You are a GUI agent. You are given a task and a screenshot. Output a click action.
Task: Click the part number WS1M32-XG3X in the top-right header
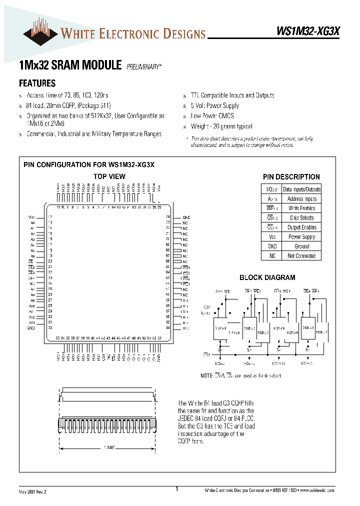click(x=308, y=31)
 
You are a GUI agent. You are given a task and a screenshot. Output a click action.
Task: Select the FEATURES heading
click(x=37, y=83)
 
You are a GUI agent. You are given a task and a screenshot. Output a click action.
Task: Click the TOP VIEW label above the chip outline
click(x=109, y=176)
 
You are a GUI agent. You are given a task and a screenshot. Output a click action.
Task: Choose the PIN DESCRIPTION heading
click(x=291, y=176)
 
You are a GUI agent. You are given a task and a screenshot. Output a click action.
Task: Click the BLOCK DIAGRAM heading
click(x=267, y=277)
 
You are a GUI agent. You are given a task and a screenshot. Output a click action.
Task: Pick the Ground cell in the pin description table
click(x=301, y=246)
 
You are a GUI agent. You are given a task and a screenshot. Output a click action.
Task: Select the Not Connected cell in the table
click(x=301, y=256)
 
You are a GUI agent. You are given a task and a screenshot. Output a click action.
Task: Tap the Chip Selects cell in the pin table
click(x=301, y=218)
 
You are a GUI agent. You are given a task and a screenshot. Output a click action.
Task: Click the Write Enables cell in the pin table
click(x=301, y=208)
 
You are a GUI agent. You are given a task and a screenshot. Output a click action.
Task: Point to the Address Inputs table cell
click(x=301, y=199)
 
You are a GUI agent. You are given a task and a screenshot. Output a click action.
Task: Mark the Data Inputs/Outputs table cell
click(x=301, y=189)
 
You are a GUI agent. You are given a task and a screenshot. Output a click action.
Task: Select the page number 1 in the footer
click(x=177, y=489)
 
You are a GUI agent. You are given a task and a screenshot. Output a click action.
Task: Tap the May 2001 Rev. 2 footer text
click(x=32, y=491)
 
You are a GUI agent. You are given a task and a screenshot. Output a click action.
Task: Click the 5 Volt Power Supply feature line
click(x=215, y=106)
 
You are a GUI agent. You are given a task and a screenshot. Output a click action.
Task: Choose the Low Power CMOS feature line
click(x=212, y=116)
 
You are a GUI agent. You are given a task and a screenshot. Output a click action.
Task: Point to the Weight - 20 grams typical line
click(x=221, y=127)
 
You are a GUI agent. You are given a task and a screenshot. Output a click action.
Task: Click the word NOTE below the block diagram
click(x=206, y=376)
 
